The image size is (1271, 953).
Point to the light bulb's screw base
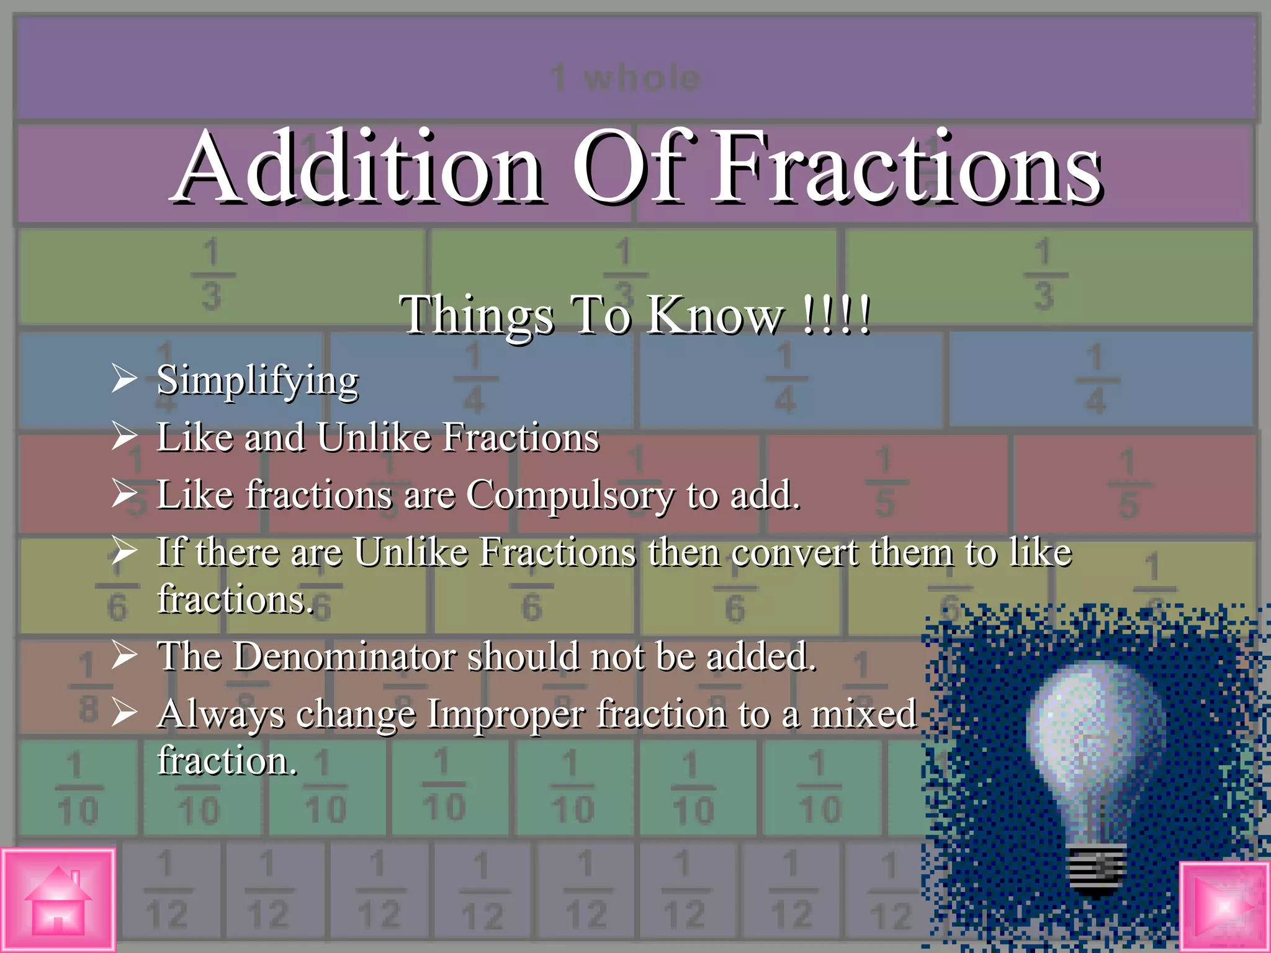(x=1097, y=869)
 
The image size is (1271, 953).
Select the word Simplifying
(x=257, y=380)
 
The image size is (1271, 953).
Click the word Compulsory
(x=569, y=495)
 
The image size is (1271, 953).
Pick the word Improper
(x=505, y=714)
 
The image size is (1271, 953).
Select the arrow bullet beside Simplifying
(x=124, y=378)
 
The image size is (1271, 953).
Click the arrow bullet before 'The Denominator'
(x=124, y=655)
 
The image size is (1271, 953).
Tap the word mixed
(x=863, y=714)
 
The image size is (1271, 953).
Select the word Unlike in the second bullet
(x=373, y=437)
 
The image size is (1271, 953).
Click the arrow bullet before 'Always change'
(x=124, y=713)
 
